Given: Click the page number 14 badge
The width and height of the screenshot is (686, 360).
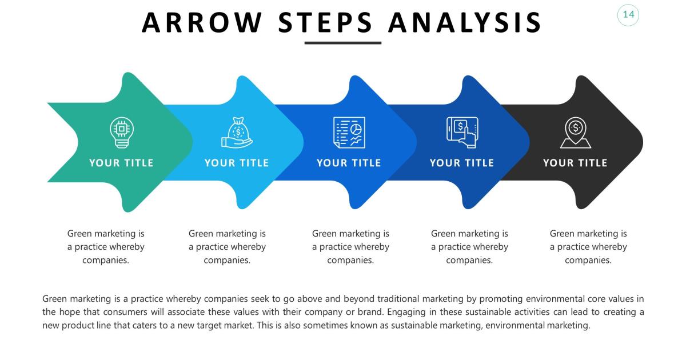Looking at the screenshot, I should pos(628,15).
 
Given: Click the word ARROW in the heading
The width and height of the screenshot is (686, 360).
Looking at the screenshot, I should pos(202,22).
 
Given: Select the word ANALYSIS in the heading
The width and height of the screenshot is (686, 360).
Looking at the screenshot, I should pos(464,22).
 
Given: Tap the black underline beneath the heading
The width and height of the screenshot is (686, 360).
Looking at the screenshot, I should pos(342,43).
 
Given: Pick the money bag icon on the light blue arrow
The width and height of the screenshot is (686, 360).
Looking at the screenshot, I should pos(236,133).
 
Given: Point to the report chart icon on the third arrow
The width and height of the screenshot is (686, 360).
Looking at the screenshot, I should pos(349,132).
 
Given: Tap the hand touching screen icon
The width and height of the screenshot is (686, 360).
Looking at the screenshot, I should pos(462,132).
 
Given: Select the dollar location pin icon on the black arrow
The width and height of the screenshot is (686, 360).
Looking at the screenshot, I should pos(575,132).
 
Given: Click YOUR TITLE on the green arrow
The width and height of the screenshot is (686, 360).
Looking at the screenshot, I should pos(121,163).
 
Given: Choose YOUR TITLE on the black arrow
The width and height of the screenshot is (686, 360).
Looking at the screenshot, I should pos(575,163).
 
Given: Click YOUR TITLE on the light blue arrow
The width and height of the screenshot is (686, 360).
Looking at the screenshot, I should pos(236,163).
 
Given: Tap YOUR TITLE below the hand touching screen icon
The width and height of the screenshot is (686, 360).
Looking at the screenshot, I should pos(462,163).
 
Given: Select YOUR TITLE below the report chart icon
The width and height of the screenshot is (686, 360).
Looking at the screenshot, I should pos(349,163).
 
